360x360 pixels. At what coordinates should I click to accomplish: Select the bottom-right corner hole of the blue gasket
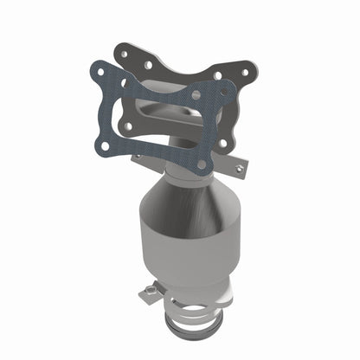click(x=202, y=163)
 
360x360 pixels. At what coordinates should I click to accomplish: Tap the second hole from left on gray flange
click(x=149, y=65)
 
